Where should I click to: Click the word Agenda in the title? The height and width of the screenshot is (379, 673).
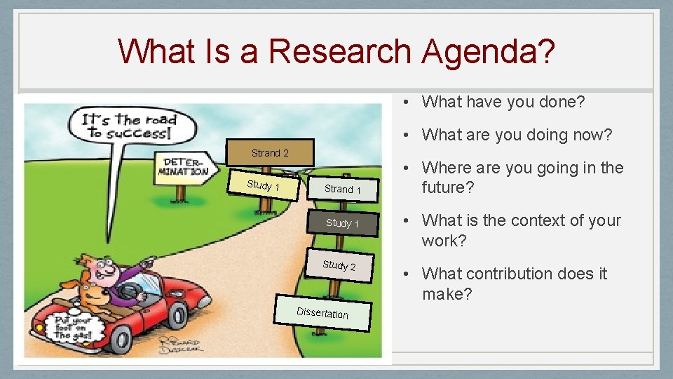(x=488, y=51)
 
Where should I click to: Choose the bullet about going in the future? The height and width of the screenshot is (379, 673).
(x=522, y=178)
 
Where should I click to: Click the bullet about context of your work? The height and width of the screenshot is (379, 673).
(x=521, y=230)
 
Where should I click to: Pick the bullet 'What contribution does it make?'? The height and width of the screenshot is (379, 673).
(x=514, y=284)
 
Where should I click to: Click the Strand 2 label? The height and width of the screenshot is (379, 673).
(x=270, y=153)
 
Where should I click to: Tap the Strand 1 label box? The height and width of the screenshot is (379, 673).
(x=343, y=189)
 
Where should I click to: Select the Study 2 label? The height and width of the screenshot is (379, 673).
(x=339, y=265)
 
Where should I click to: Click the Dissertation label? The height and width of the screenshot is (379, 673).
(x=322, y=313)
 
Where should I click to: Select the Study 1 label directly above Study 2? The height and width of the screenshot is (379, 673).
(x=342, y=223)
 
